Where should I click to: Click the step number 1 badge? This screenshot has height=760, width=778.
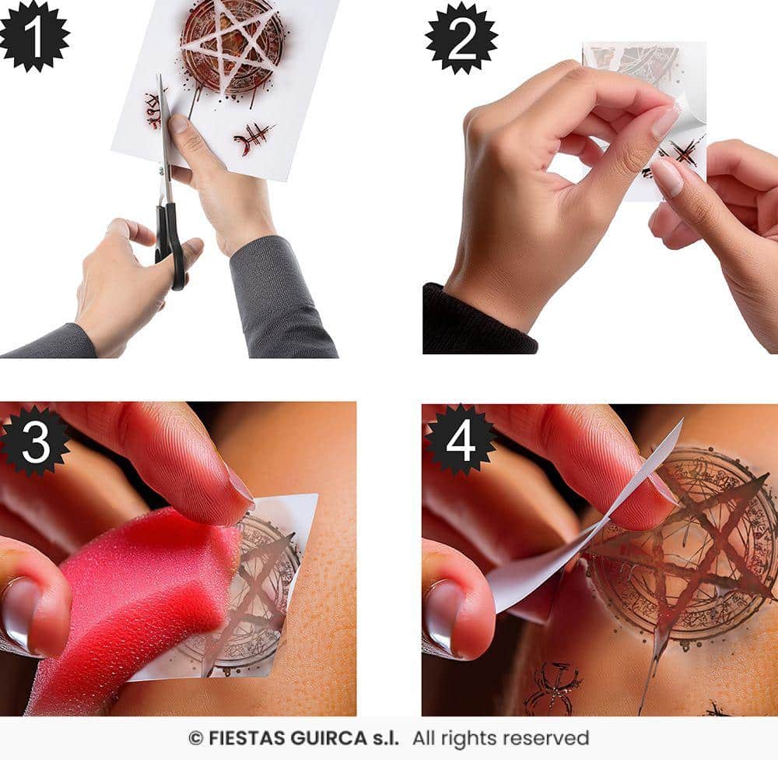[33, 36]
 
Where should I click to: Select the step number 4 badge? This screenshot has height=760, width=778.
[461, 440]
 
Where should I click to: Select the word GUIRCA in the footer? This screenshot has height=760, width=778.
[329, 738]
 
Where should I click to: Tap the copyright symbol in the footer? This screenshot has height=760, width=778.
[196, 739]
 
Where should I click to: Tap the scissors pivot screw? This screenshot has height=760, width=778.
[162, 171]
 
